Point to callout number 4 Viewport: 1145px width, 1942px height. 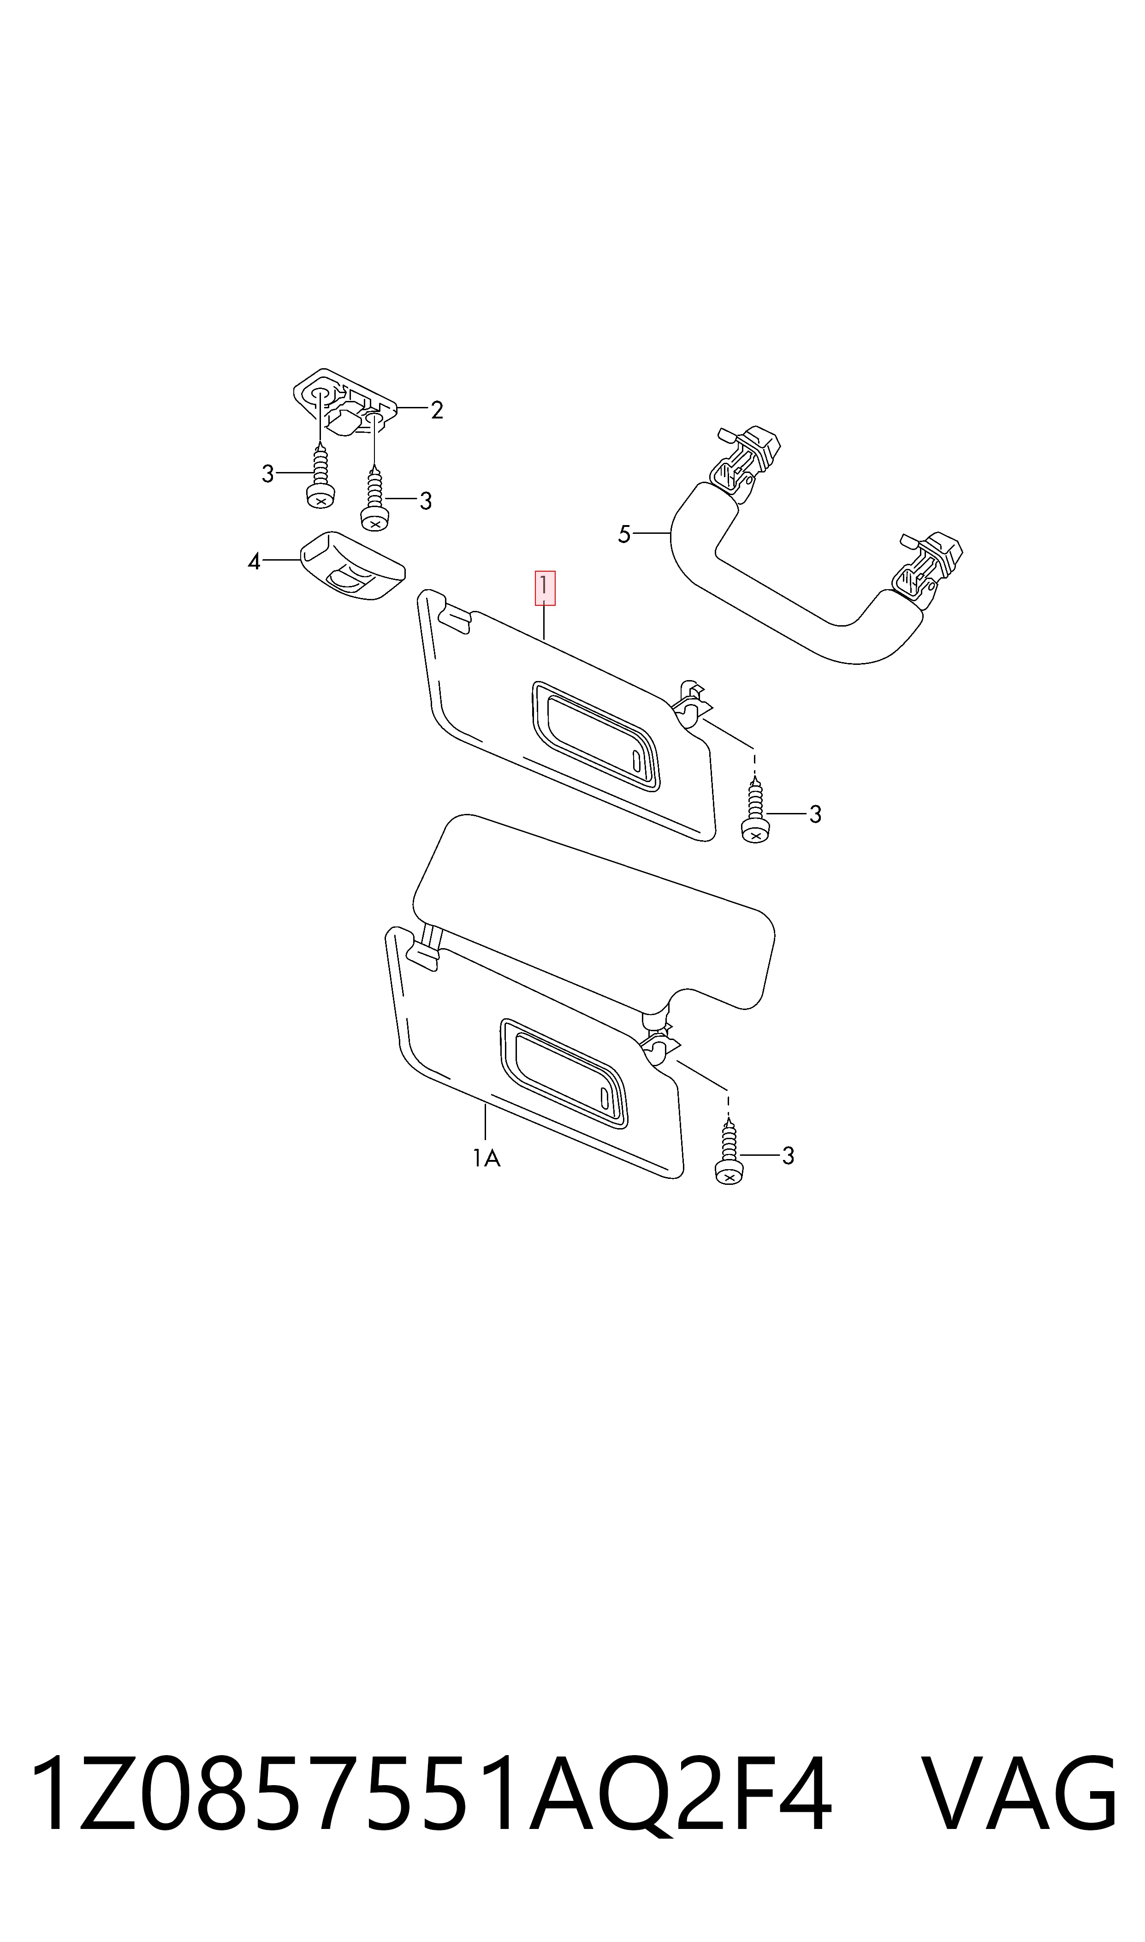tap(254, 561)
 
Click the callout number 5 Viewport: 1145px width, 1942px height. tap(624, 534)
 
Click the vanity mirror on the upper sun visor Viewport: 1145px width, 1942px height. tap(595, 735)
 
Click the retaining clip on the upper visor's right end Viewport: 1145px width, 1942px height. tap(690, 702)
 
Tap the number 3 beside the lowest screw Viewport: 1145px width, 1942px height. tap(788, 1155)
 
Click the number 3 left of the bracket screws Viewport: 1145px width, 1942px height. tap(268, 474)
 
